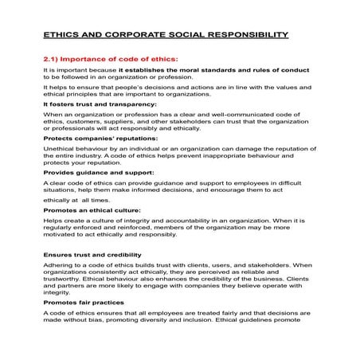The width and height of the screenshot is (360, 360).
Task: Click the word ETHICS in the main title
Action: pos(61,36)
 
